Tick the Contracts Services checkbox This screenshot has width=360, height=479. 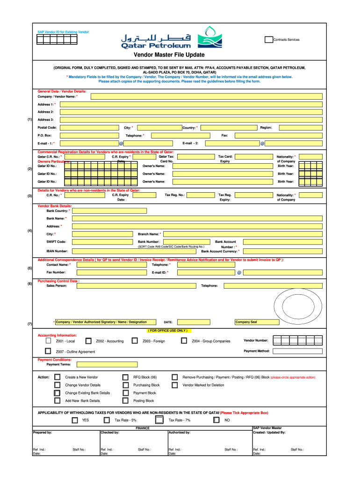pyautogui.click(x=269, y=39)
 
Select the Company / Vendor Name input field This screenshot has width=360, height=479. pyautogui.click(x=206, y=96)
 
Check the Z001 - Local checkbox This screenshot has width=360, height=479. pyautogui.click(x=49, y=341)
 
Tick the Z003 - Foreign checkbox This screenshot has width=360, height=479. pyautogui.click(x=135, y=341)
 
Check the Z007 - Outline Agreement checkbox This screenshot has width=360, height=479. pyautogui.click(x=48, y=351)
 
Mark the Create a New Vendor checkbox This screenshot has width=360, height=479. pyautogui.click(x=57, y=377)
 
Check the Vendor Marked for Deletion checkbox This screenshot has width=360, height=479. pyautogui.click(x=174, y=385)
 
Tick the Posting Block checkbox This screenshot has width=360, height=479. pyautogui.click(x=125, y=400)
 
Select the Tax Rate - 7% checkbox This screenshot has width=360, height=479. pyautogui.click(x=159, y=420)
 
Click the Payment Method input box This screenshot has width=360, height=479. pyautogui.click(x=297, y=351)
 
